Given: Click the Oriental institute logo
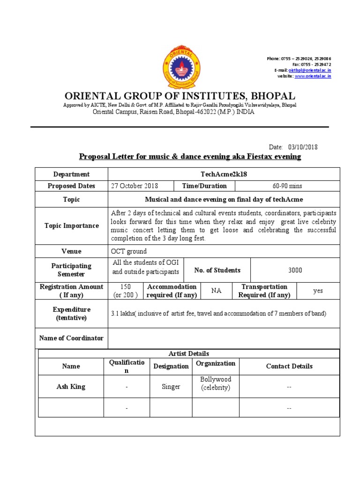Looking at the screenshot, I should [x=180, y=67].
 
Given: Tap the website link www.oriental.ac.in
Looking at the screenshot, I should [x=313, y=76].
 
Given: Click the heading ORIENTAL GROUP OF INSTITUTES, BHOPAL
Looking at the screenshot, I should [x=180, y=96].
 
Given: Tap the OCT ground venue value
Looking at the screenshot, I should [x=129, y=251].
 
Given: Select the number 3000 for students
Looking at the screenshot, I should [x=295, y=270].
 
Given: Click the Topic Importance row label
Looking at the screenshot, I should [x=72, y=225].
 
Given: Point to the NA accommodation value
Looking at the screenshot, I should [x=216, y=291].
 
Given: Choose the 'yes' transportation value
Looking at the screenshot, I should [x=318, y=291].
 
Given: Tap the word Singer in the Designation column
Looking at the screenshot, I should [x=171, y=387].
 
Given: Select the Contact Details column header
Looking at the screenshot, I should [x=289, y=366].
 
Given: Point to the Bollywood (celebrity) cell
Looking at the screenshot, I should [x=216, y=383].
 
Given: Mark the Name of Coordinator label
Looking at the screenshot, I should [x=72, y=338].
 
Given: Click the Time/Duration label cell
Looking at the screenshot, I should [x=207, y=186].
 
